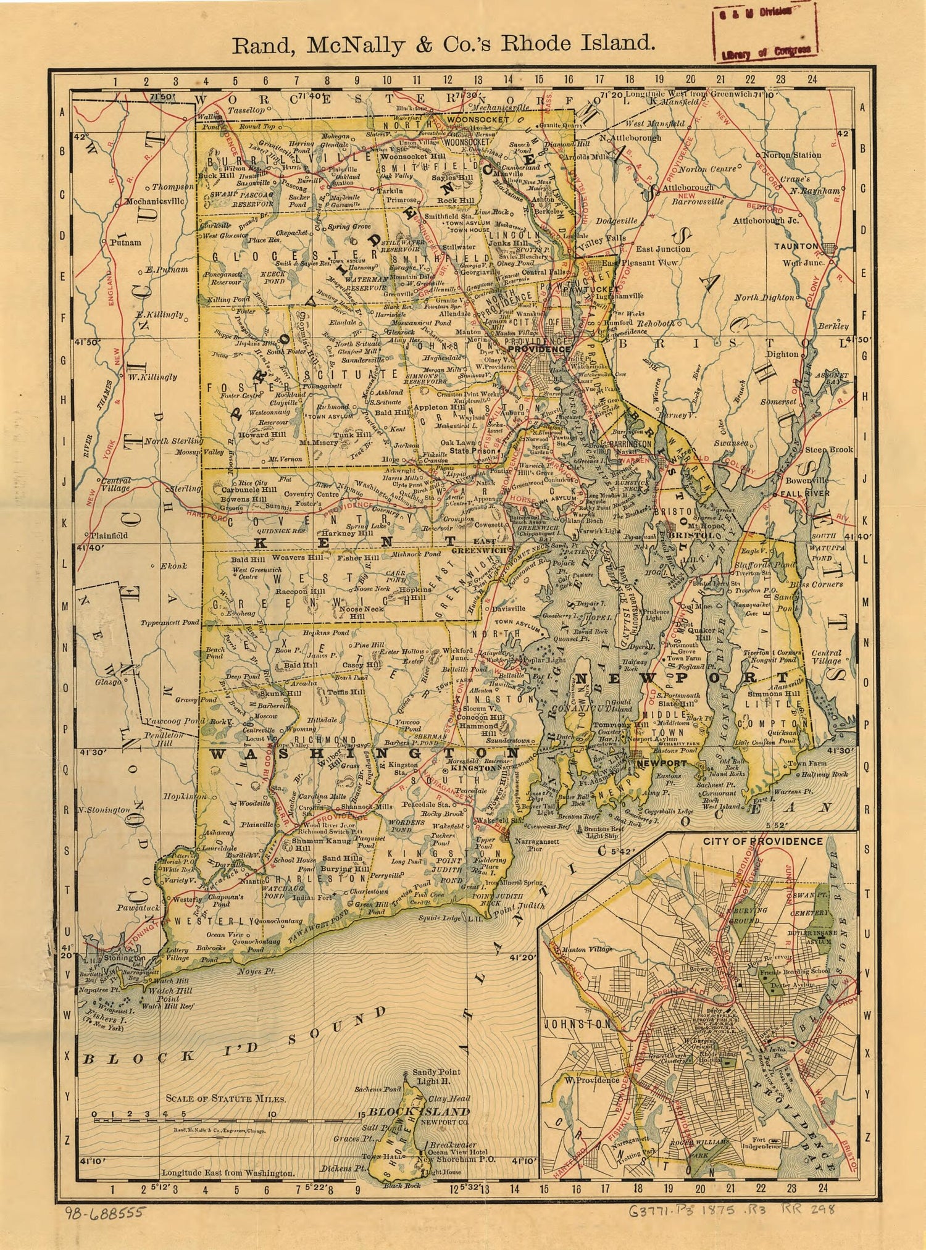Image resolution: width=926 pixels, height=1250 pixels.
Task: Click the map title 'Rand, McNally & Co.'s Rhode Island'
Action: (443, 44)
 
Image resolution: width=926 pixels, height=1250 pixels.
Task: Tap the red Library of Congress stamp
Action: (765, 33)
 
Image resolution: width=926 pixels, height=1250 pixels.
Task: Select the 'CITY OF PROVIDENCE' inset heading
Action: (762, 841)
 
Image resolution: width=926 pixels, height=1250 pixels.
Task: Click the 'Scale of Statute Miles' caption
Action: (225, 1098)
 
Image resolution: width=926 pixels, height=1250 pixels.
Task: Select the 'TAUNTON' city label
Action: (796, 246)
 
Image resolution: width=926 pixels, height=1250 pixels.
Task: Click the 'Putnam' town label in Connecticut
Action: (125, 243)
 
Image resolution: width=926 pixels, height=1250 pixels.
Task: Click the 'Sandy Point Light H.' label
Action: (436, 1076)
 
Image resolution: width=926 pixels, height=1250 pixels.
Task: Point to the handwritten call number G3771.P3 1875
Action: (698, 1210)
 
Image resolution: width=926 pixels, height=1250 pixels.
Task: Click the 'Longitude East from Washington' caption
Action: (228, 1173)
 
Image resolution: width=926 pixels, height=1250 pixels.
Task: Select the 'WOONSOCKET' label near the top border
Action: (478, 119)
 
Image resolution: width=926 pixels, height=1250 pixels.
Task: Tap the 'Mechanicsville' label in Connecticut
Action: (154, 201)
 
